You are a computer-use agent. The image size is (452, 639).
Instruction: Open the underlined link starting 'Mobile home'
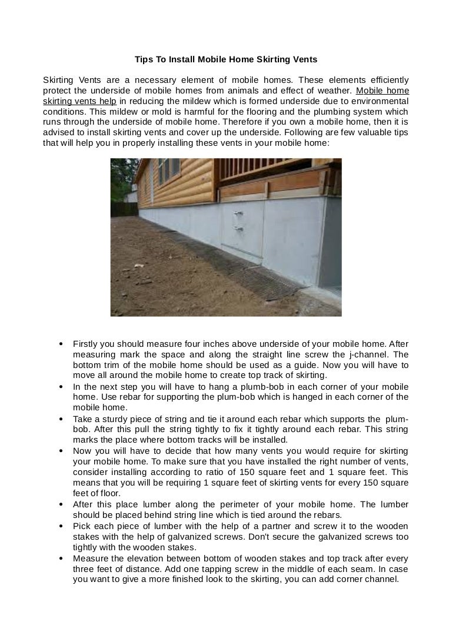[383, 91]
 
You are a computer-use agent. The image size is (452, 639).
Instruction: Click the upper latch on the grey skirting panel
[237, 215]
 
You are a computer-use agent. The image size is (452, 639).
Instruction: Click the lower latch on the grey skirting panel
[237, 228]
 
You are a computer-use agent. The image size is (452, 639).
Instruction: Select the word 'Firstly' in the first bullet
[85, 344]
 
